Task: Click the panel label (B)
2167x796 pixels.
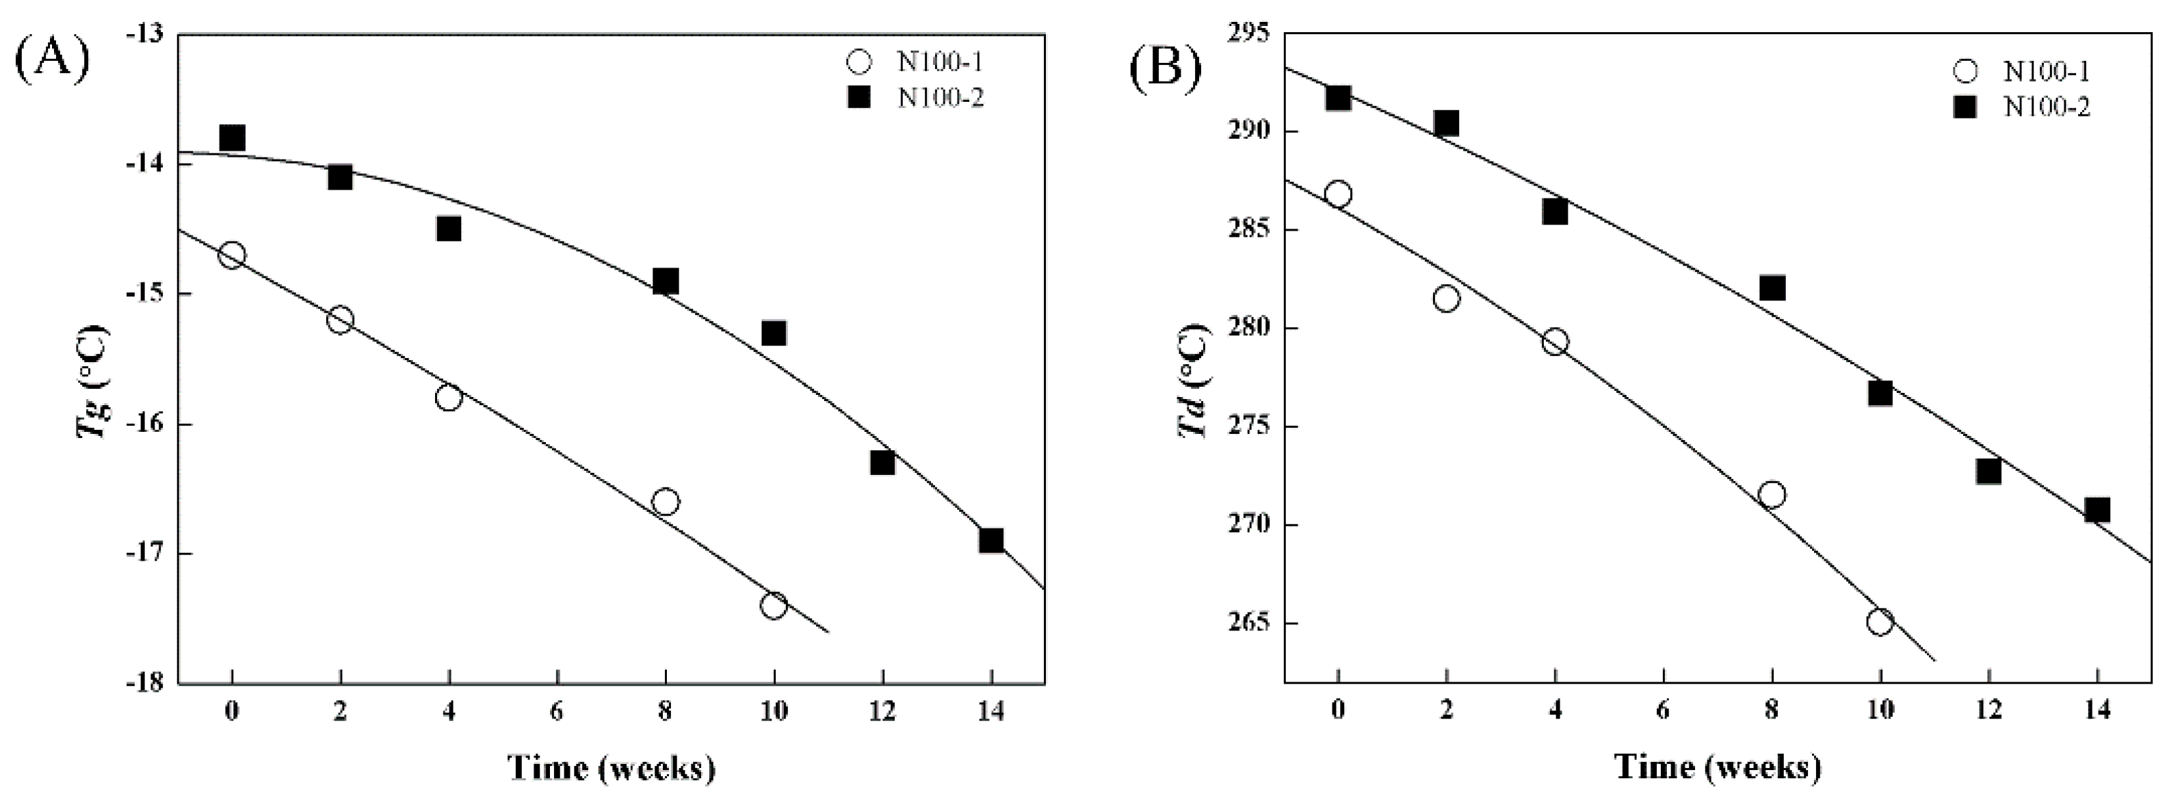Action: [1165, 65]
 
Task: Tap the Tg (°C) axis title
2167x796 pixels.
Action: [92, 381]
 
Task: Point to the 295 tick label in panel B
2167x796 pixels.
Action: [1249, 34]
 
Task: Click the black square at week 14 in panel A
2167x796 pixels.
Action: [991, 540]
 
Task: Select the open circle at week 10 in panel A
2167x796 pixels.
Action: [773, 605]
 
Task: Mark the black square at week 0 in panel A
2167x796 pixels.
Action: [231, 137]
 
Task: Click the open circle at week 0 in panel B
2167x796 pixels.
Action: [1337, 194]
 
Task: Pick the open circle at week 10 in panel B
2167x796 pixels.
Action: [1880, 623]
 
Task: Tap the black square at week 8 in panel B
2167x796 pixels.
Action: [1772, 287]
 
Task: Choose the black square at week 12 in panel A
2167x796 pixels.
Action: [882, 462]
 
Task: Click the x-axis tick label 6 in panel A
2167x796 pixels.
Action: [557, 712]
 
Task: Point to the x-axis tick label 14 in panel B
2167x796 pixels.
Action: [2097, 710]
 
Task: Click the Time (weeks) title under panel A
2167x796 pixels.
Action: [611, 767]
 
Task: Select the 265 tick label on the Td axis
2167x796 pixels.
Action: [1249, 624]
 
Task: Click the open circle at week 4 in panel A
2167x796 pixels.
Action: [448, 397]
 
